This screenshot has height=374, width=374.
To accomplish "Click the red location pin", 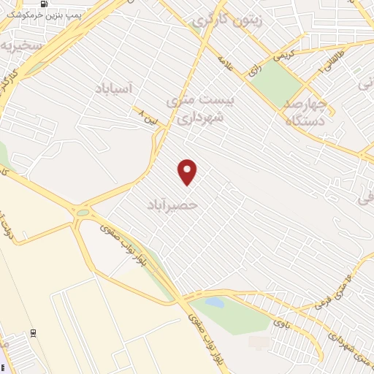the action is [188, 171].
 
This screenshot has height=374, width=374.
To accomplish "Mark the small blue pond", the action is [214, 301].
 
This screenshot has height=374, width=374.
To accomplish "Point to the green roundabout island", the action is [84, 213].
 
